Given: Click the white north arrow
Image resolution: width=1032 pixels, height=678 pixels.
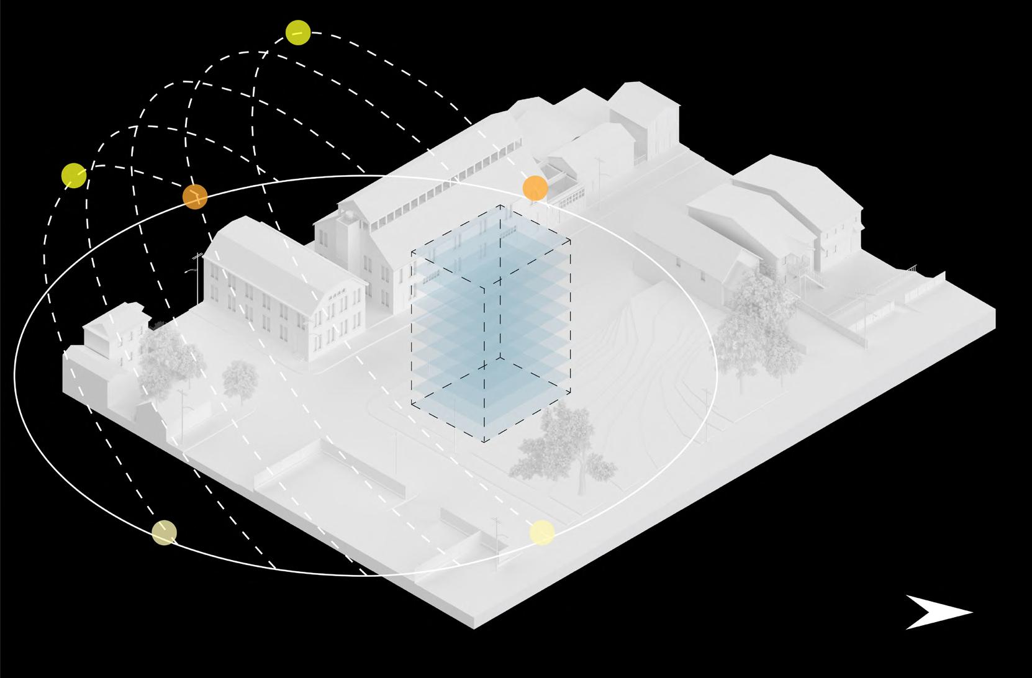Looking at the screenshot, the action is tap(935, 612).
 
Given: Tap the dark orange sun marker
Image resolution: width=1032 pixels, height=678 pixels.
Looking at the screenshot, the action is tap(195, 197).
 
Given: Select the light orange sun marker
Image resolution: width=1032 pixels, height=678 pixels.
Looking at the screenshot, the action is tap(535, 188).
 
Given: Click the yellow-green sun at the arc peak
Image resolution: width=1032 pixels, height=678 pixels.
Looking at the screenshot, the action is tap(298, 32).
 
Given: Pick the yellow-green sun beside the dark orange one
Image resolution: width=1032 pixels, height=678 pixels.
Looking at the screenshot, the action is tap(74, 176).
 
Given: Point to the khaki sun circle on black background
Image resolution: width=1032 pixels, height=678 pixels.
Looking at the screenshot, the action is tap(165, 533).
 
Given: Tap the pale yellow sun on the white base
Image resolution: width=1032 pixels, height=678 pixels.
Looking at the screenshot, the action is tap(542, 533).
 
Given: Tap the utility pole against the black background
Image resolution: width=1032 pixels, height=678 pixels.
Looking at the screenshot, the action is tap(197, 273).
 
